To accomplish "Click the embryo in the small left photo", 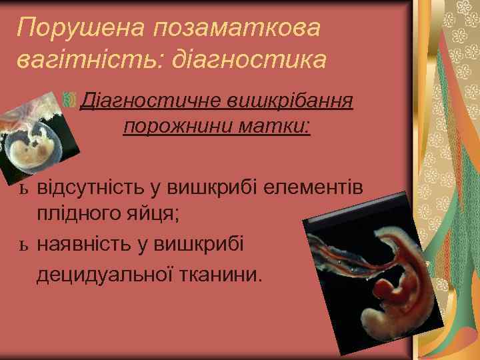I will tap(33, 149).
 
